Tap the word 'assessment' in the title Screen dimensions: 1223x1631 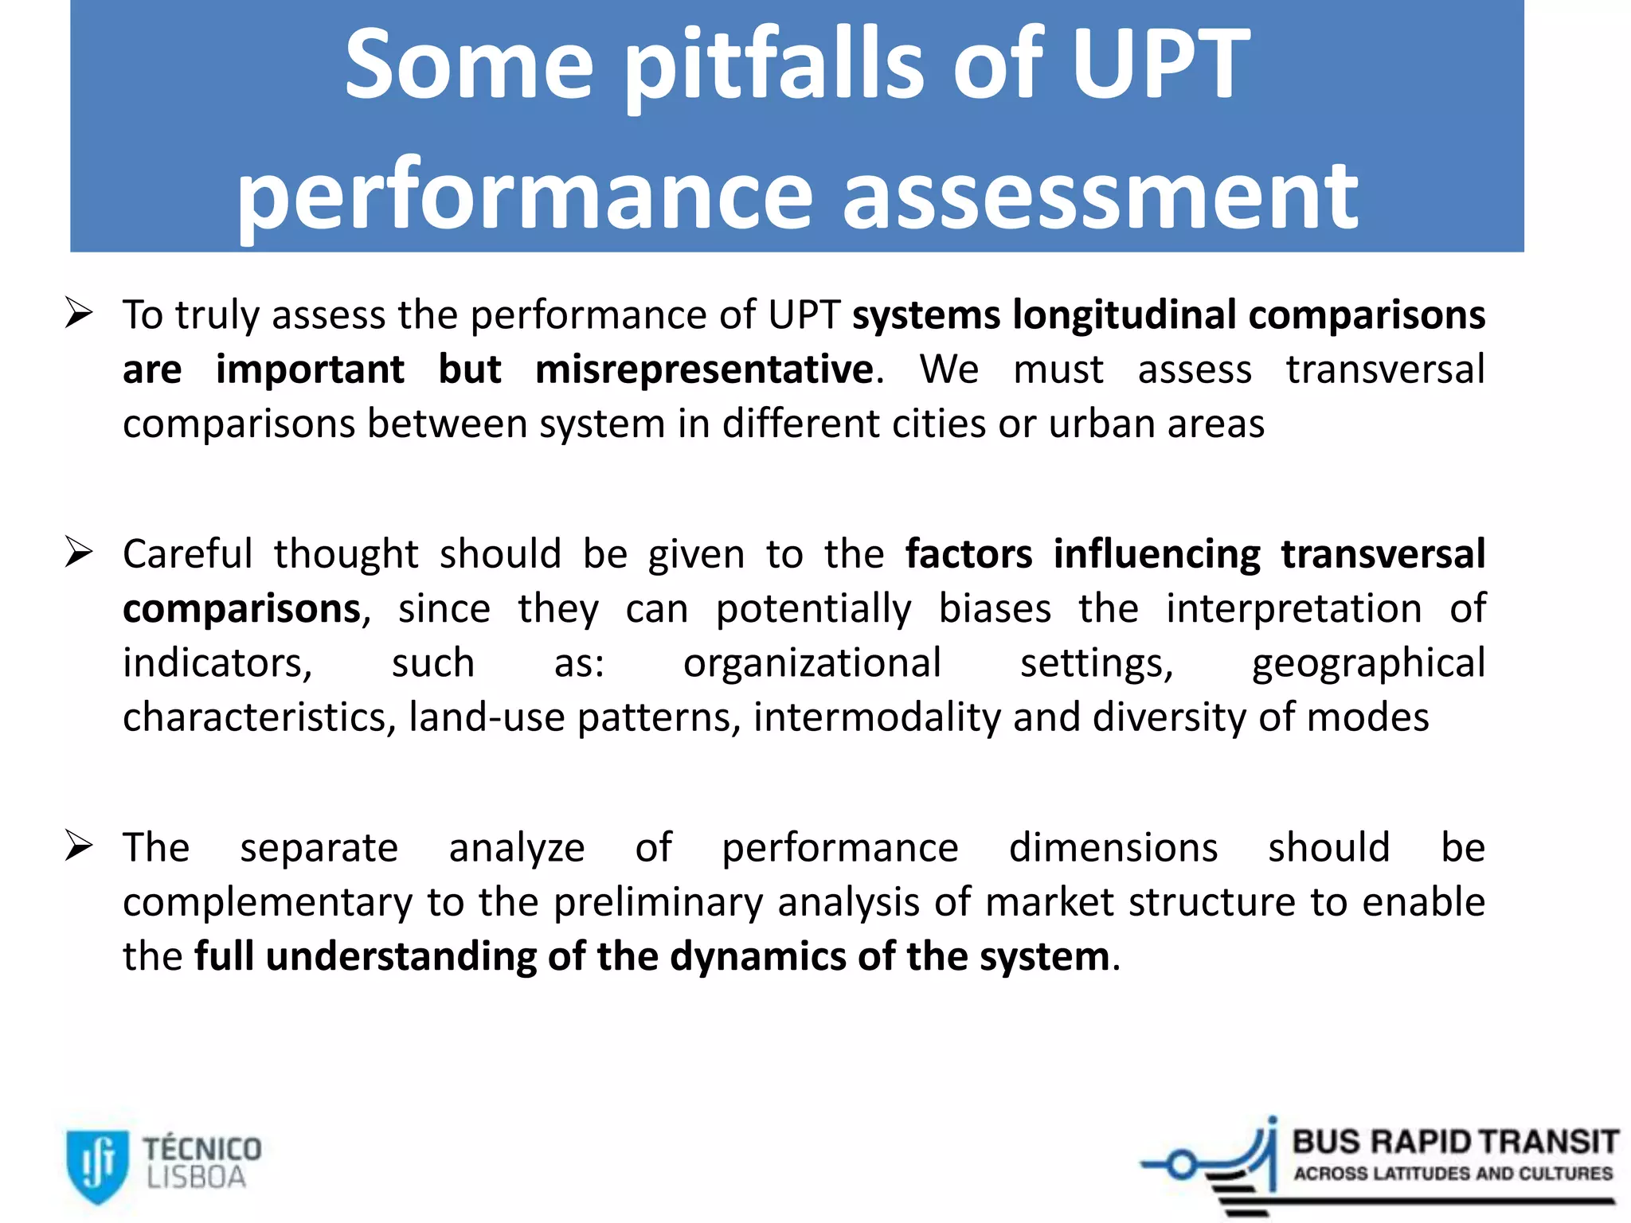point(1100,195)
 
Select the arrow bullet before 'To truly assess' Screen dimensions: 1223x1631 point(80,313)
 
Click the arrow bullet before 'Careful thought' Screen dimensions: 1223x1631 point(80,552)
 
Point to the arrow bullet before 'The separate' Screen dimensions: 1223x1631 point(80,846)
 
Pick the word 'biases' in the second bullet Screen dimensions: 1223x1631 point(995,609)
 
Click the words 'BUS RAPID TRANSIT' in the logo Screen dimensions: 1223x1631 point(1455,1143)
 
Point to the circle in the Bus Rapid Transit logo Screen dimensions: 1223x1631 point(1183,1166)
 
